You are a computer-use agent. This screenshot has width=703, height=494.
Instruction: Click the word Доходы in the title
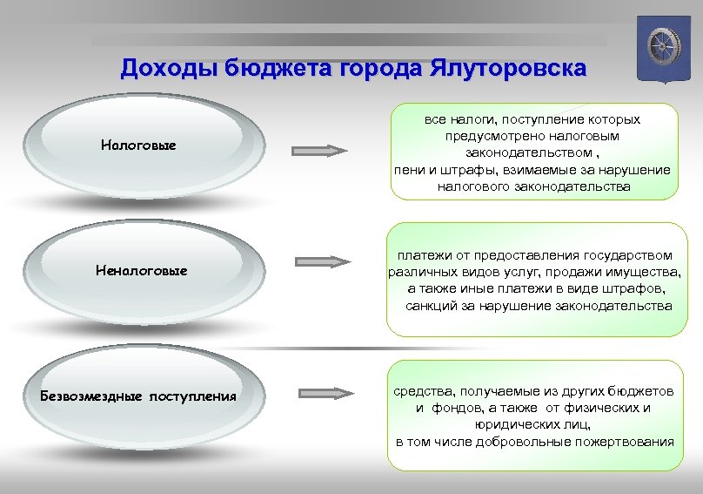[x=169, y=68]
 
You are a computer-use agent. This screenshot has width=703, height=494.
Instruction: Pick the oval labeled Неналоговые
[x=141, y=271]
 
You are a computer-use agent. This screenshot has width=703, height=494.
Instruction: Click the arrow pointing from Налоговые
[x=318, y=151]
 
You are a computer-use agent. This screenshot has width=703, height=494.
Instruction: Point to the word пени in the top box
[x=407, y=170]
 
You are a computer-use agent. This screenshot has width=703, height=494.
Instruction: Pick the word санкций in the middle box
[x=432, y=306]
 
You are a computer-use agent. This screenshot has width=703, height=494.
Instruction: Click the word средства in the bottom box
[x=423, y=391]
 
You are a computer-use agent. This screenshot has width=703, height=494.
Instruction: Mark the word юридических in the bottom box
[x=512, y=424]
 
